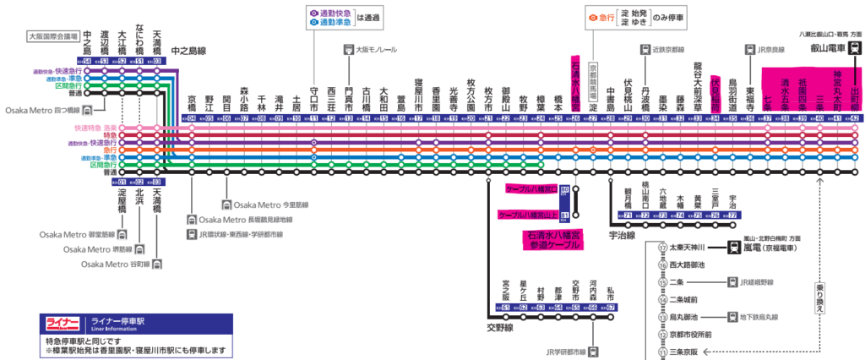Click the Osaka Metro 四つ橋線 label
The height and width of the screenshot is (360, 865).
click(x=42, y=111)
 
